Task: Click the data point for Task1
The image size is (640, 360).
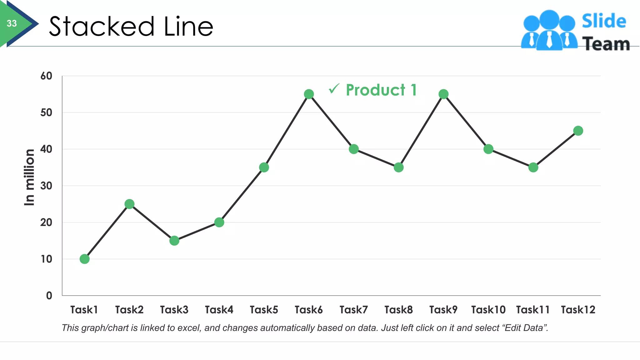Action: coord(84,259)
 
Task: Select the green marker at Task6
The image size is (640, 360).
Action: coord(309,94)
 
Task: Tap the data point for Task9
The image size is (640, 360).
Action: coord(443,94)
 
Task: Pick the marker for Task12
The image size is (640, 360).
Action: coord(578,131)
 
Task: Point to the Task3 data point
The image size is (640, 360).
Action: coord(174,241)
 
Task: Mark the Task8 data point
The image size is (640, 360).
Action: coord(398,167)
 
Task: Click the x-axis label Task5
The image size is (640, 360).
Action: coord(264,310)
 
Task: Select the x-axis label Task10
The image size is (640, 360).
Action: coord(488,310)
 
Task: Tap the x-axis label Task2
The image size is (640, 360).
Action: coord(129,310)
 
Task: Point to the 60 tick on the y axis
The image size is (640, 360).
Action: coord(46,76)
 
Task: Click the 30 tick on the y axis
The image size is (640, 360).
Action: coord(46,186)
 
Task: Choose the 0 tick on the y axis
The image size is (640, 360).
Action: coord(49,296)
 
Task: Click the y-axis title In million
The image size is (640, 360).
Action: coord(29,177)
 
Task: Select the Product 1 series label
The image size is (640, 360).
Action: coord(381,90)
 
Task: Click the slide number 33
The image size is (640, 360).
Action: coord(12,23)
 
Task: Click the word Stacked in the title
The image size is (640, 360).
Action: coord(102,27)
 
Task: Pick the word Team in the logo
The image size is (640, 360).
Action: coord(606,44)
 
